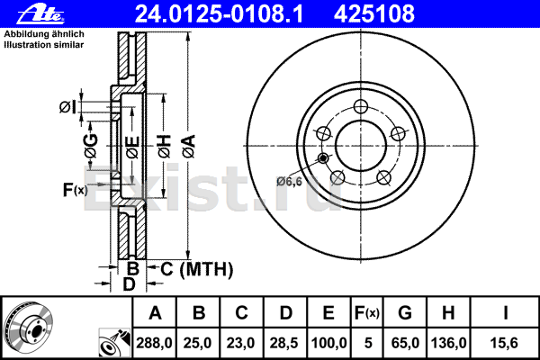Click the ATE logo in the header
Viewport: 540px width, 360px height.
(40, 14)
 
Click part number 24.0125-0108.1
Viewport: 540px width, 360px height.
(220, 14)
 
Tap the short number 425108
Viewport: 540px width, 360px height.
(374, 14)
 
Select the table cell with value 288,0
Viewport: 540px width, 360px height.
(154, 343)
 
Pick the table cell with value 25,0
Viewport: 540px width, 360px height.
(198, 343)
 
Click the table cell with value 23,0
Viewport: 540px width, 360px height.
(241, 343)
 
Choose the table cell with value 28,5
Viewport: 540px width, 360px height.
(284, 343)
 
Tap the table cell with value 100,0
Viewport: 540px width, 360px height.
(328, 343)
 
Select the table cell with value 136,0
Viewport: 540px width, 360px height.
(448, 343)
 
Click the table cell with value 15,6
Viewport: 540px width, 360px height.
(504, 343)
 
